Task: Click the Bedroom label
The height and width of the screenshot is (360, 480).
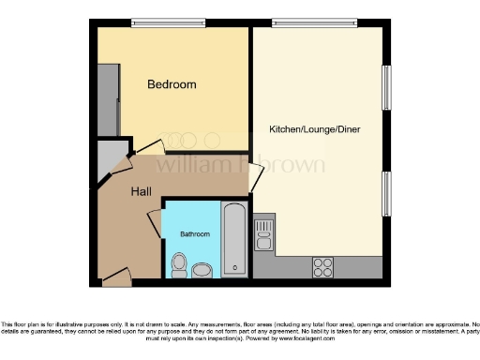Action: [172, 84]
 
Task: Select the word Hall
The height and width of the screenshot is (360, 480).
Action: [141, 191]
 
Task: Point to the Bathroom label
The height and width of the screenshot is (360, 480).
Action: [194, 233]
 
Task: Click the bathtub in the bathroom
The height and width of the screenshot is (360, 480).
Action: [233, 239]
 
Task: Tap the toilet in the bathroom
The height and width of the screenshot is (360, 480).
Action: [179, 264]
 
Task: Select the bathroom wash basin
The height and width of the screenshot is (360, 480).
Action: [202, 271]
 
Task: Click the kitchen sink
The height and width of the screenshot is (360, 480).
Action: [263, 233]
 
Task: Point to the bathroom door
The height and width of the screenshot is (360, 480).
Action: [155, 226]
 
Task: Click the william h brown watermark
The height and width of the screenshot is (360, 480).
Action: [239, 165]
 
